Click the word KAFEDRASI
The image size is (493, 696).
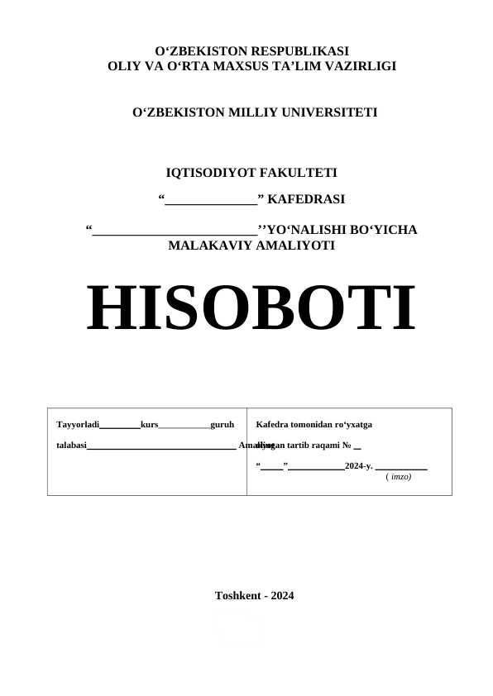point(307,199)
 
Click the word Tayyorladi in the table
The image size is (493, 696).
point(77,425)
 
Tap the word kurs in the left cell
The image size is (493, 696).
point(149,425)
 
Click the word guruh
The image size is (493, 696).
point(223,425)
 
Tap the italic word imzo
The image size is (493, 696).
point(400,477)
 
